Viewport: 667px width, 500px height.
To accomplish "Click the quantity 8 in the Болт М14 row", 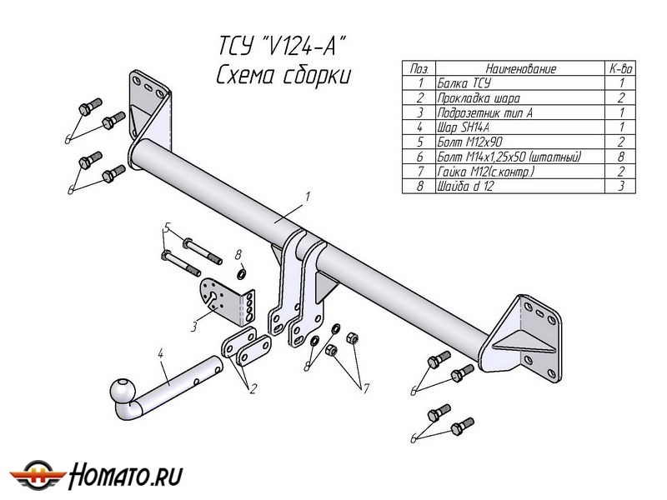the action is pos(621,156).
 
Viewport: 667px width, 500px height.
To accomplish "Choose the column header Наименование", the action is pos(520,69).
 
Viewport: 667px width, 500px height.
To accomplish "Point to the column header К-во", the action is pos(621,69).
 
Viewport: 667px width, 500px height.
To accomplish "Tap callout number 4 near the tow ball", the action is pos(160,354).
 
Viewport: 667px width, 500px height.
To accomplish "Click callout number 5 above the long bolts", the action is pos(167,227).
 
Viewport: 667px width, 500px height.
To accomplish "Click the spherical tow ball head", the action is pos(123,391).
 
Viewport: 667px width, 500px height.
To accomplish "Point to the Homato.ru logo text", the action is pos(125,476).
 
